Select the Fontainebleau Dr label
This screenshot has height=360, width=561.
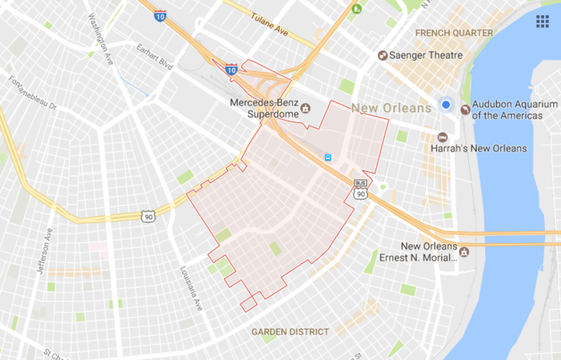(x=33, y=94)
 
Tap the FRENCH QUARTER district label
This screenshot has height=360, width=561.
(x=454, y=33)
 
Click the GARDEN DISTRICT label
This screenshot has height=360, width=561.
(x=290, y=332)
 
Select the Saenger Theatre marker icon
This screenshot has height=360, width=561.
(x=383, y=56)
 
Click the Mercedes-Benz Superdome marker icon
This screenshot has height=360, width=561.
(x=305, y=109)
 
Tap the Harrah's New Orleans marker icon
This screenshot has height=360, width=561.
(x=443, y=137)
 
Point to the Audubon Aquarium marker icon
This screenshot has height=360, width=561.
(x=463, y=105)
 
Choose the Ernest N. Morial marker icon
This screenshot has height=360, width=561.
(x=464, y=250)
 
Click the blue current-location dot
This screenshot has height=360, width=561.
(x=446, y=105)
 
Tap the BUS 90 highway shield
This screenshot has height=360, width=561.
(x=361, y=189)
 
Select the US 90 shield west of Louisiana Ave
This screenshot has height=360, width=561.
(x=148, y=217)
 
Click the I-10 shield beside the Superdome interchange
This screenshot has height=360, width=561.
(x=231, y=70)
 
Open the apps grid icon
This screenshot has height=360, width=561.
(x=542, y=20)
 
